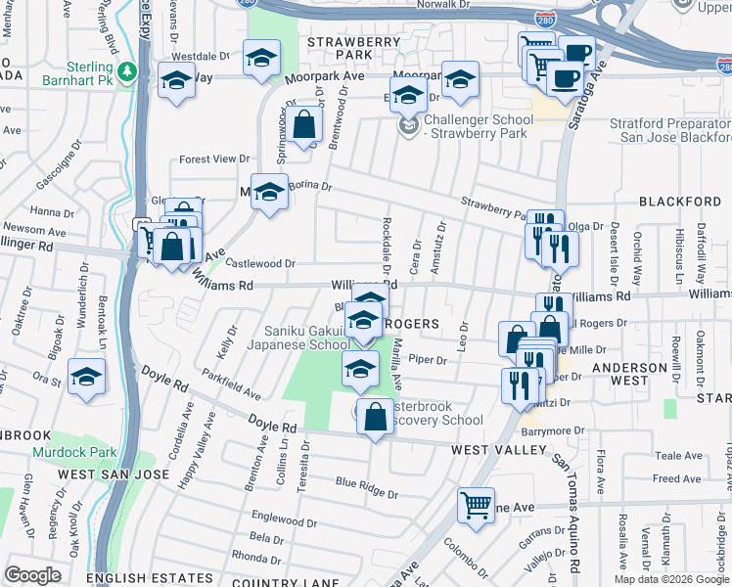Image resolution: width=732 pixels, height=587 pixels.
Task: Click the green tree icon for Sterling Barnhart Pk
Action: coord(127,71)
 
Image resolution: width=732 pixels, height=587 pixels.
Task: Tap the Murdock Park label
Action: coord(74,453)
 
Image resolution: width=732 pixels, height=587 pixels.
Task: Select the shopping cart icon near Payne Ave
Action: coord(476,508)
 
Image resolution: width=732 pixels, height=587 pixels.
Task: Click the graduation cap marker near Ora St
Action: coord(87,378)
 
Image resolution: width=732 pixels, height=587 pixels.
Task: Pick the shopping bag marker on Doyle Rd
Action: coord(376,417)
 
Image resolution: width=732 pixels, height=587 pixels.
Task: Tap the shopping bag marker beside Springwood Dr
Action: coord(304,125)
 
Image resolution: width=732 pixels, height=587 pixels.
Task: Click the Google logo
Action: coord(33,575)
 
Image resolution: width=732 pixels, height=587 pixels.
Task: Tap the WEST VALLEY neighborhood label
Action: coord(499,450)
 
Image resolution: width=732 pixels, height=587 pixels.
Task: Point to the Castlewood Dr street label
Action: coord(260,263)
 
